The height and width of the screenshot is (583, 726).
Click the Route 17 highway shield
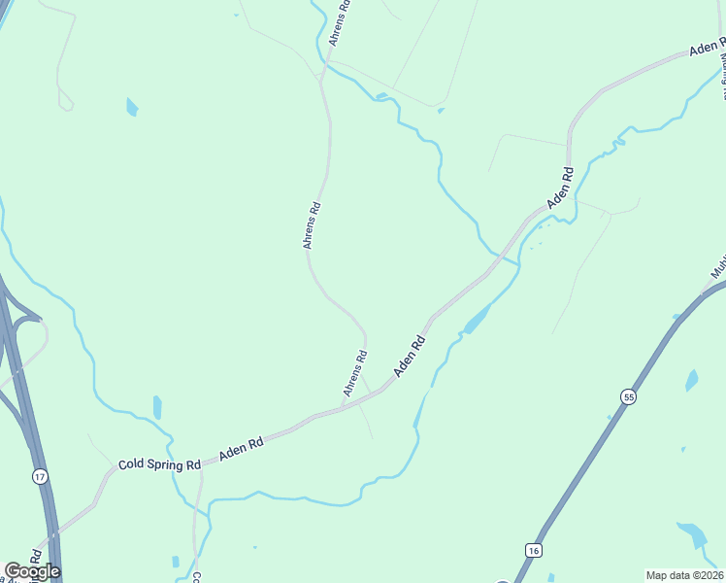[x=39, y=476]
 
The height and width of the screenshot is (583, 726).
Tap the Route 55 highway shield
[x=629, y=397]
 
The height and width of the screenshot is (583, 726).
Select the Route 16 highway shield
[x=533, y=550]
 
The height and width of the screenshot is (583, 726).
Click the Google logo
[x=32, y=571]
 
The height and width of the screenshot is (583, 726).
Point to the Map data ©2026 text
[x=684, y=574]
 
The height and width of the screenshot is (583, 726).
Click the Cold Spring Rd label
[x=159, y=464]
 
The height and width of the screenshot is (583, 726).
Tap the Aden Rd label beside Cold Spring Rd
[x=242, y=449]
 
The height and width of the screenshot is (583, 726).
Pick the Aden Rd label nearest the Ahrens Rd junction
[x=411, y=357]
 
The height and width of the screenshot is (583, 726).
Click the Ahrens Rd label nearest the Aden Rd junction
[x=354, y=373]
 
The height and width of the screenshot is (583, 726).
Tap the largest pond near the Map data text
[x=693, y=535]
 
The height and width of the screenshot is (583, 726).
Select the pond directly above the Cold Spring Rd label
[x=157, y=407]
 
